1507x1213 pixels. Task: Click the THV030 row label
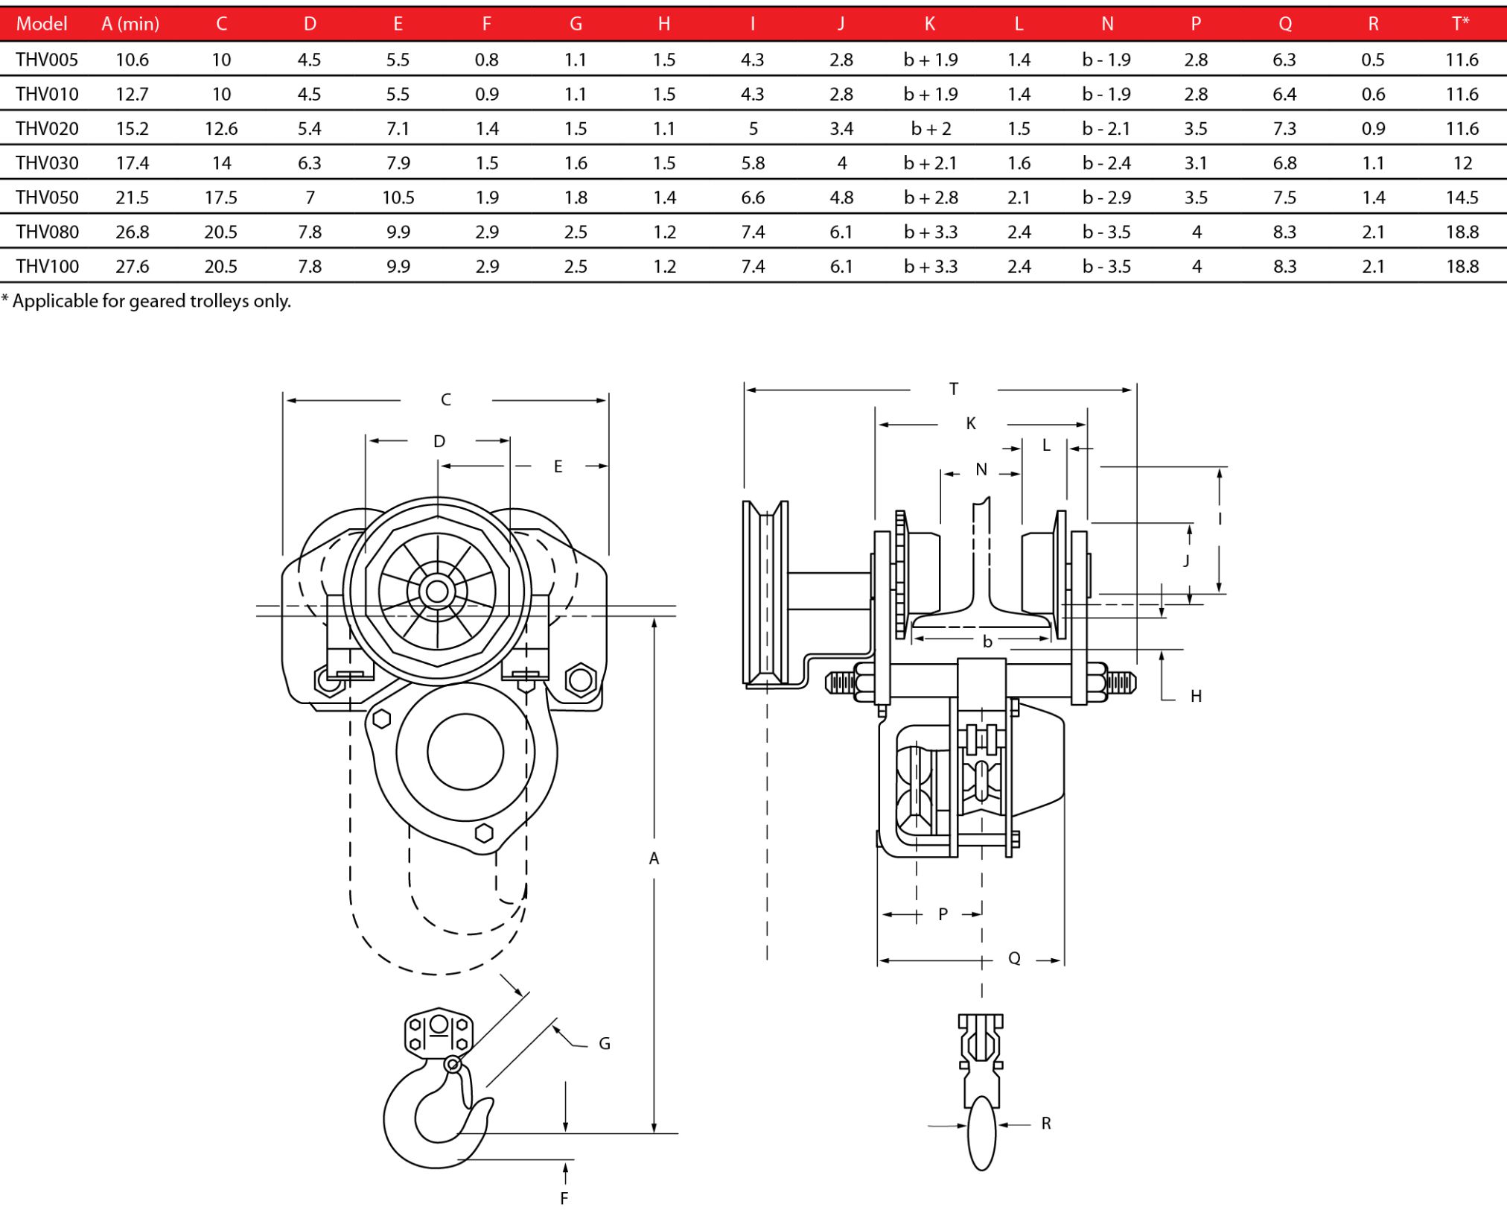pos(47,163)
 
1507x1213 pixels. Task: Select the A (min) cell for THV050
pos(132,197)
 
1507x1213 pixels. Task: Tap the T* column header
pos(1462,23)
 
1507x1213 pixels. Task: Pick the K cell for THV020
pos(931,129)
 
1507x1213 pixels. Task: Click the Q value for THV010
pos(1284,95)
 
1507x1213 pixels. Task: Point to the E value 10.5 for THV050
pos(398,197)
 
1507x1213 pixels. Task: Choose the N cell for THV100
pos(1106,266)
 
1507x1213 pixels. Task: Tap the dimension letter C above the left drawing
pos(446,400)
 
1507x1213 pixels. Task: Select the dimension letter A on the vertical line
pos(654,858)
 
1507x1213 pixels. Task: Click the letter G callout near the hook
pos(605,1044)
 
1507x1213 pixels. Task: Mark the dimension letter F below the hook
pos(564,1198)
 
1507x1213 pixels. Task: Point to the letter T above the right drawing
pos(954,389)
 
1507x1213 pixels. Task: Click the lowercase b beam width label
pos(987,642)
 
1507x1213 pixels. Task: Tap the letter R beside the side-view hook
pos(1046,1123)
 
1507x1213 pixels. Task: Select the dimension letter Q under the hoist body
pos(1014,958)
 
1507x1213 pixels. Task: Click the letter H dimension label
pos(1196,696)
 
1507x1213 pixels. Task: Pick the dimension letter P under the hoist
pos(943,914)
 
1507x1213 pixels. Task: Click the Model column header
pos(42,24)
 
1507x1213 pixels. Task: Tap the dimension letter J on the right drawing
pos(1186,560)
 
